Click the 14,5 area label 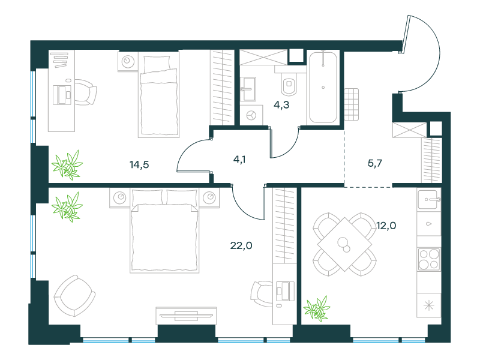point(139,164)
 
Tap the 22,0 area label point(241,245)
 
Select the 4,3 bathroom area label point(281,105)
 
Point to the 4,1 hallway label point(239,160)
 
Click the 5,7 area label point(374,163)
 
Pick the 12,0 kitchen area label point(386,226)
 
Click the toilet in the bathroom point(289,83)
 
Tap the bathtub point(323,88)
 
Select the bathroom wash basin point(248,89)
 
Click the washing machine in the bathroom point(251,115)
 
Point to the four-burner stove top point(429,259)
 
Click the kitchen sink point(428,200)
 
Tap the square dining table point(344,244)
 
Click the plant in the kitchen point(317,308)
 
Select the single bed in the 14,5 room point(158,94)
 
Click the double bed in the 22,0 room point(164,230)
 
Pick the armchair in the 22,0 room point(74,296)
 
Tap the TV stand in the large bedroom point(186,316)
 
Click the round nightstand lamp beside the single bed point(128,61)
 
